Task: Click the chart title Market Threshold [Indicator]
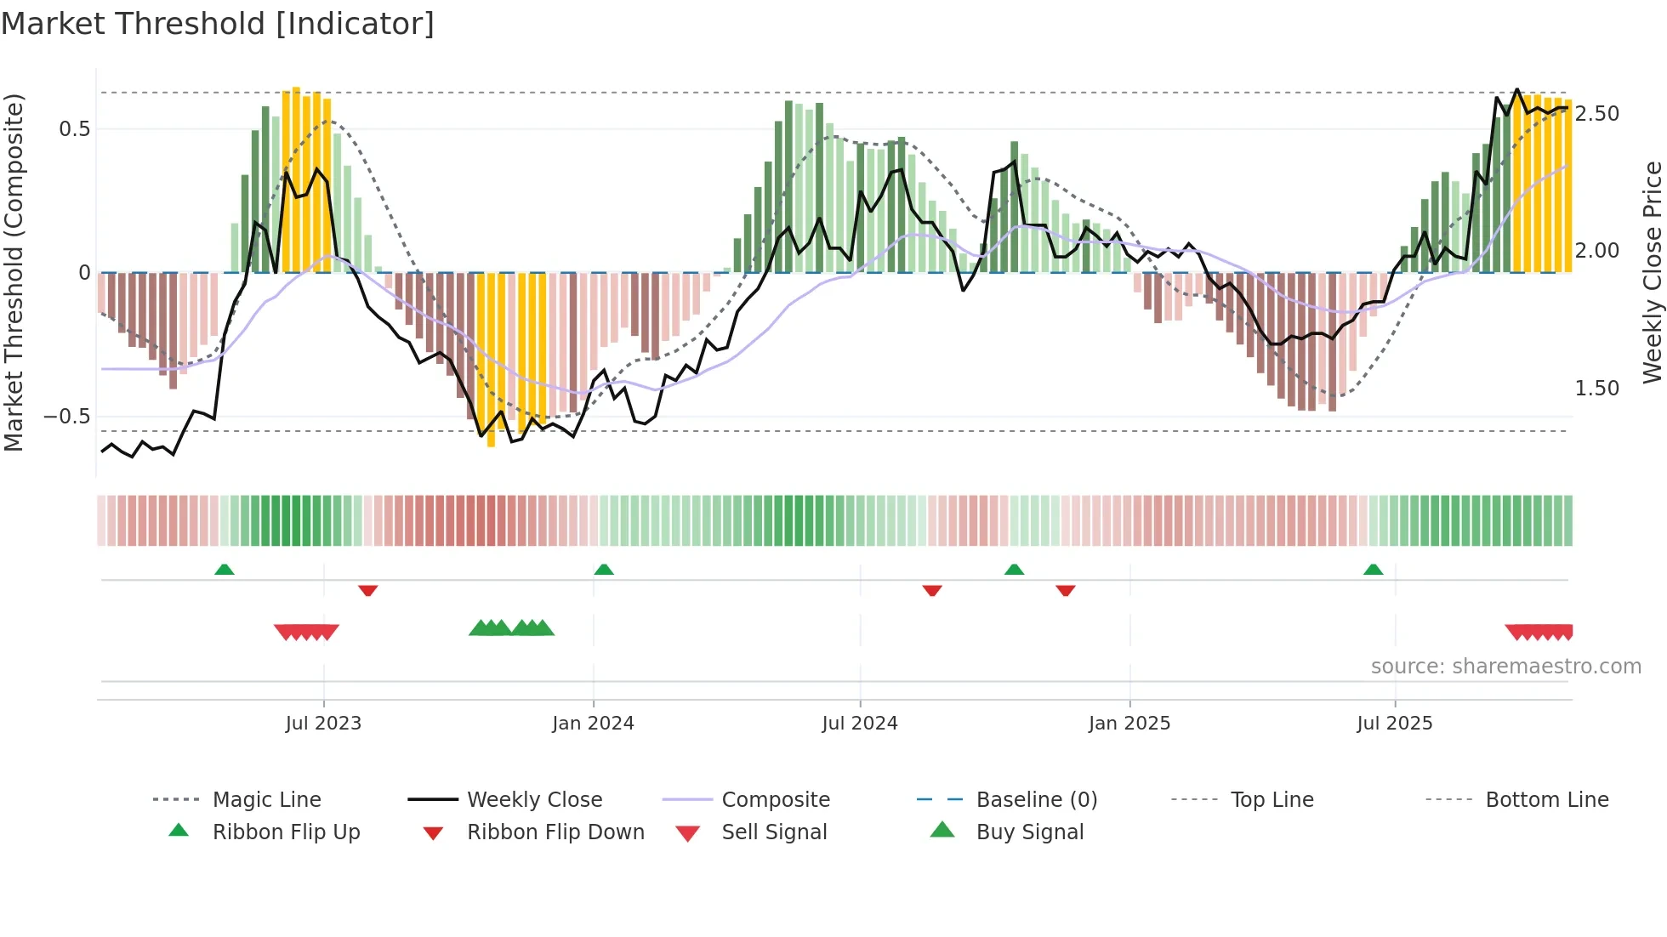click(218, 24)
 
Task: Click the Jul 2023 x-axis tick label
click(323, 724)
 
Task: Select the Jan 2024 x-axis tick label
click(593, 724)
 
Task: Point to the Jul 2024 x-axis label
click(859, 724)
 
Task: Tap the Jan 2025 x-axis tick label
click(1129, 724)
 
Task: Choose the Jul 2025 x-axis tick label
click(1394, 724)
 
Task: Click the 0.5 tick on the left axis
click(74, 129)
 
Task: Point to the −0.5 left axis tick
click(67, 417)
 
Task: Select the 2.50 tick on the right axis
click(1596, 114)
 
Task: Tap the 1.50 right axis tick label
click(1596, 389)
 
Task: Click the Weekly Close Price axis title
click(1652, 272)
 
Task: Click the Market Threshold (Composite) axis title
click(14, 272)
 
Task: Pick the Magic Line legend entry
click(266, 800)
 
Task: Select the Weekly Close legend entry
click(534, 800)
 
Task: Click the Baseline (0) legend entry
click(1036, 800)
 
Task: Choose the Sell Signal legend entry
click(774, 832)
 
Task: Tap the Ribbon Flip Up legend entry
click(286, 832)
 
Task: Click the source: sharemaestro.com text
click(1505, 667)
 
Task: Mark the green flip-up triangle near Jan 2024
click(604, 569)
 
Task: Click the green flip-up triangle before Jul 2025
click(1373, 569)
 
